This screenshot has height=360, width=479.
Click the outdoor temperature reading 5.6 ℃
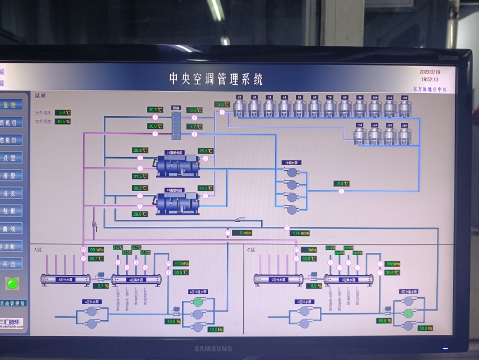click(x=63, y=113)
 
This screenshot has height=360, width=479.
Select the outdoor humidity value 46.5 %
click(x=63, y=121)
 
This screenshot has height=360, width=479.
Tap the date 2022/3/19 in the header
click(x=430, y=72)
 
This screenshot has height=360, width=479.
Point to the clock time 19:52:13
click(x=430, y=79)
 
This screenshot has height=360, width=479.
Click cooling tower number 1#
click(x=240, y=107)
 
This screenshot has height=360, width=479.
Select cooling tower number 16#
click(x=405, y=135)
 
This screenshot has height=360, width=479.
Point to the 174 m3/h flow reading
click(x=301, y=233)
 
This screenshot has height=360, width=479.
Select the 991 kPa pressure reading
click(x=96, y=249)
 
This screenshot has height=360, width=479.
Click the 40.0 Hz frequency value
click(x=216, y=330)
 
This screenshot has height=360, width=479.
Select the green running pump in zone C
click(x=409, y=313)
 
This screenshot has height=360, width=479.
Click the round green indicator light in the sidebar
click(x=12, y=283)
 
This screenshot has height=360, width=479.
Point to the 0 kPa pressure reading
click(x=309, y=249)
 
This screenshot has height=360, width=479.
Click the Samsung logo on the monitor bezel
click(x=212, y=349)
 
